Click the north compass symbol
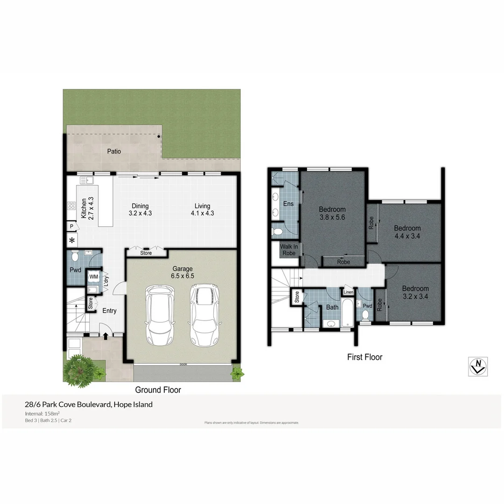(478, 366)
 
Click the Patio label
(114, 151)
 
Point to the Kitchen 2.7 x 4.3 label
(87, 208)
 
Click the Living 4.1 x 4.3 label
(202, 210)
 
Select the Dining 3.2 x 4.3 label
(140, 210)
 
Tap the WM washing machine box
(94, 277)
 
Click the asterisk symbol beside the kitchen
(72, 241)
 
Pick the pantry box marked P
(71, 226)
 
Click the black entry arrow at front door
(106, 335)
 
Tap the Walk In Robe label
(288, 250)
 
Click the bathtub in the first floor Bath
(347, 312)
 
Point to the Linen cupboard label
(348, 293)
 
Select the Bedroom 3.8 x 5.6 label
(332, 213)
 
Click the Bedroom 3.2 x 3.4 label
(415, 292)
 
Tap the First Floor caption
(364, 357)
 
